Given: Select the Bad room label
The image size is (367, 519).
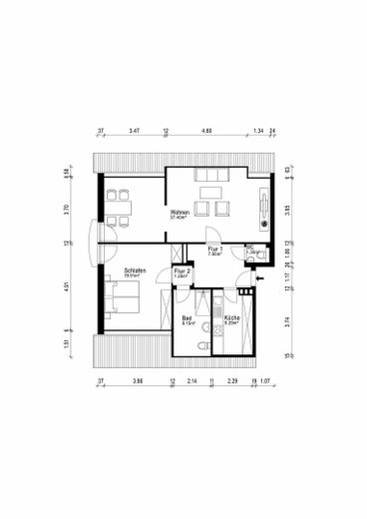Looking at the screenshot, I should tap(187, 319).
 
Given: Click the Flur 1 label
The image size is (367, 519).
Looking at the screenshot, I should tap(213, 250).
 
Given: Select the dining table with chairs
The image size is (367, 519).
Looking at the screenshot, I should tap(122, 208).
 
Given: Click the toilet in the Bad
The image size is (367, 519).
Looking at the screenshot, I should tap(202, 346).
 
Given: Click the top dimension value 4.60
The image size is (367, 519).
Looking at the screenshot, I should tap(206, 131).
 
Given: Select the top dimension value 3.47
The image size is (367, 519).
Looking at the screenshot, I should tap(134, 131).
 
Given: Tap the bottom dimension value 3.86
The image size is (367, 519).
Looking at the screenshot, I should tap(138, 381).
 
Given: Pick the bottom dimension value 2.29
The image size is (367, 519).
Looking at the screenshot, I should tap(231, 381).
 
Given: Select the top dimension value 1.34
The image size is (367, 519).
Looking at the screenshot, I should tap(257, 131).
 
